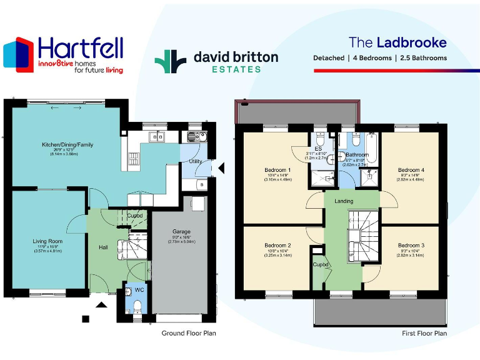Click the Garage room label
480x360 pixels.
[181, 231]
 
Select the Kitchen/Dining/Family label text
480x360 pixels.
[67, 144]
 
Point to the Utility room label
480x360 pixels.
[195, 161]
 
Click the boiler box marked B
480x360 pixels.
[201, 185]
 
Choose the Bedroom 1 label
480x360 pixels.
[277, 170]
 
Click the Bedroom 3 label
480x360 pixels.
[411, 246]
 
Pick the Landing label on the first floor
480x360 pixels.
[344, 201]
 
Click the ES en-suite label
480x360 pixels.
[318, 149]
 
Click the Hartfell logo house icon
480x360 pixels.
[18, 54]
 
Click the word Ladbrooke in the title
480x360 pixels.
[411, 42]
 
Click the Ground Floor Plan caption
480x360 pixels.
[189, 334]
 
